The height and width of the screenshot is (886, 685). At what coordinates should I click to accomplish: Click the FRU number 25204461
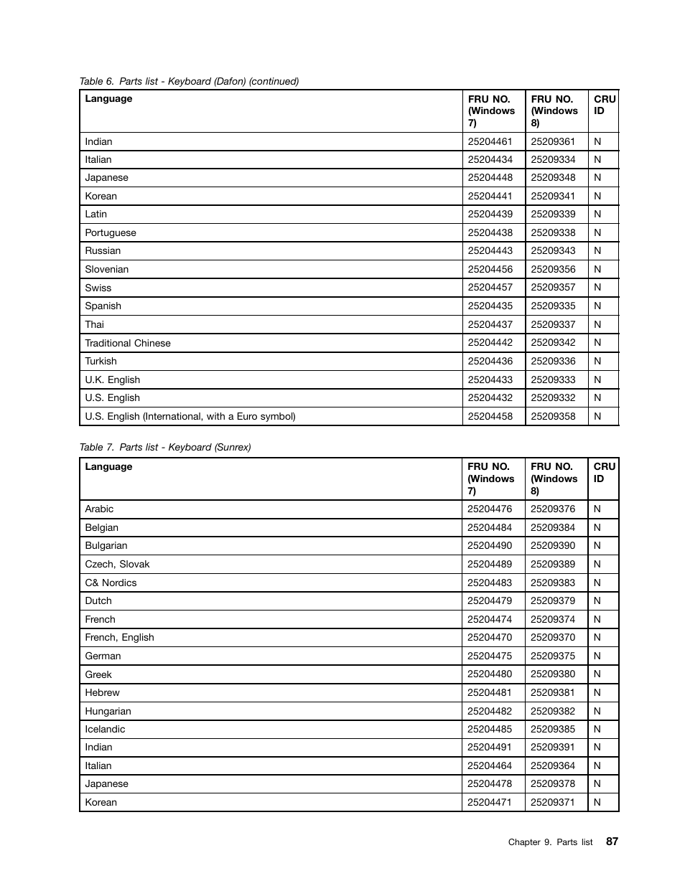(x=490, y=142)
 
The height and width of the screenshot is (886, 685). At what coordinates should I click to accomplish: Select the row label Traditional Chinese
(x=128, y=343)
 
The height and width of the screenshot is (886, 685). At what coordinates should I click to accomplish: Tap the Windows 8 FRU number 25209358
(x=553, y=416)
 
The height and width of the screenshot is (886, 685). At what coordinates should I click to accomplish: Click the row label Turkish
(x=101, y=362)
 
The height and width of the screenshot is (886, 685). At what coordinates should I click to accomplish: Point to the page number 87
(x=611, y=842)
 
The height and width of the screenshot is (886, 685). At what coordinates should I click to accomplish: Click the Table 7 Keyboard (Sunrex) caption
(x=165, y=447)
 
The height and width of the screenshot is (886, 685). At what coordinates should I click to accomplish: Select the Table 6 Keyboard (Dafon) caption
(x=189, y=81)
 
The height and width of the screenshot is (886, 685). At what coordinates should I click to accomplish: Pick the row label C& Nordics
(x=111, y=583)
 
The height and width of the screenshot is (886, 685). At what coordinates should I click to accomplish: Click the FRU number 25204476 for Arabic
(x=490, y=509)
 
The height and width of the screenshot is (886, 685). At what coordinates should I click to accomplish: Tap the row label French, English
(x=119, y=638)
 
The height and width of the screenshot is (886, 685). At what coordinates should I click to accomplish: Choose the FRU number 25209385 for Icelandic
(x=553, y=730)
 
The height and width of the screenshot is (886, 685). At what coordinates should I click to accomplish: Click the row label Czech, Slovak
(x=117, y=565)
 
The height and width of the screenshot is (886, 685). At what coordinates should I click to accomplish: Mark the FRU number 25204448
(x=490, y=178)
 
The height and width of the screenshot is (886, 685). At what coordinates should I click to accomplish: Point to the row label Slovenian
(x=107, y=270)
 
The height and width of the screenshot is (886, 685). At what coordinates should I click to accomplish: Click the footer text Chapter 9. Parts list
(x=550, y=842)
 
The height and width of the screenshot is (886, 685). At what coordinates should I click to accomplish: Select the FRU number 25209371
(x=553, y=803)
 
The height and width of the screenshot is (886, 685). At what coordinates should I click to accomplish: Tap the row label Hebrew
(x=102, y=693)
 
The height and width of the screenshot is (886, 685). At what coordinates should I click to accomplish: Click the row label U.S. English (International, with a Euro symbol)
(x=190, y=416)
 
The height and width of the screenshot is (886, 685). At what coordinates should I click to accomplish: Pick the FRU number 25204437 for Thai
(x=490, y=325)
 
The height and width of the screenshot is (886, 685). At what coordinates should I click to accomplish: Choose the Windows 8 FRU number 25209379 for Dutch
(x=553, y=601)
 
